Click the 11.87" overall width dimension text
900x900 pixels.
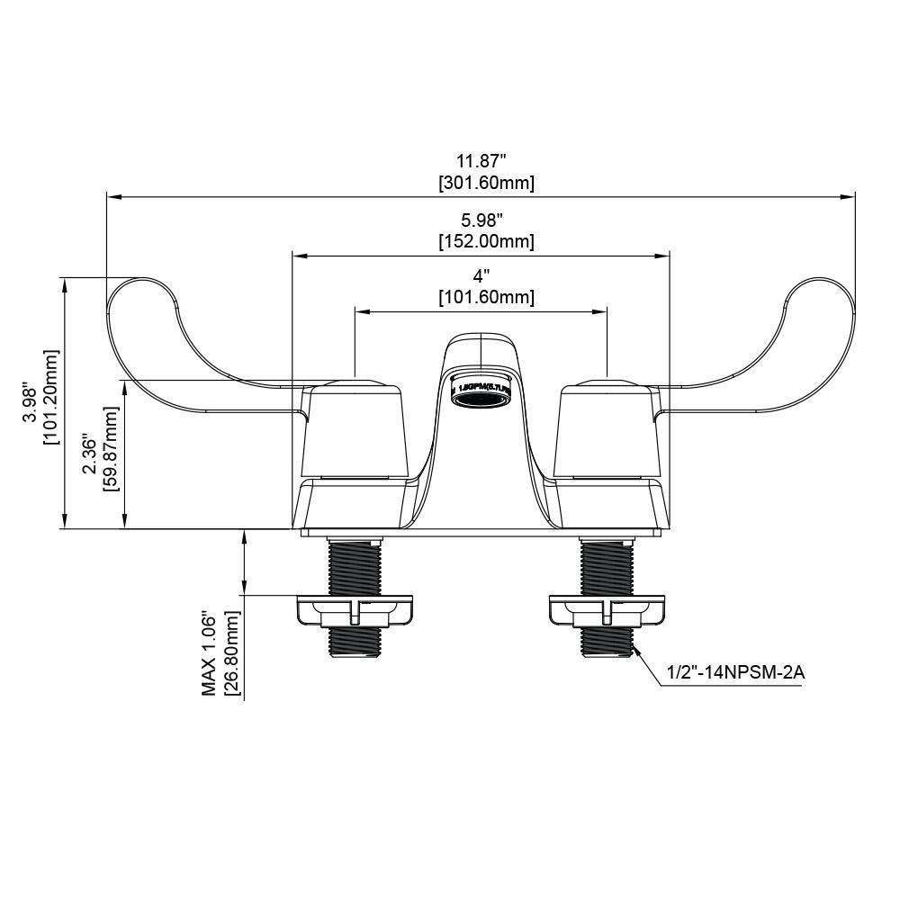coord(481,161)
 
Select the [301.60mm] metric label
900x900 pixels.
coord(486,184)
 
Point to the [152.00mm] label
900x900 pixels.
coord(486,242)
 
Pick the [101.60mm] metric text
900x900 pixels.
coord(486,298)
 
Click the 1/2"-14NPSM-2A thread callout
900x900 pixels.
coord(730,671)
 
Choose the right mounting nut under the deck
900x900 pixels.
coord(607,611)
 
